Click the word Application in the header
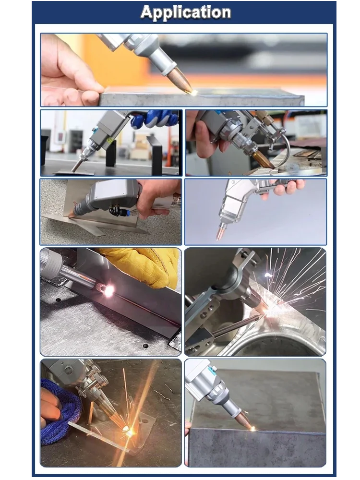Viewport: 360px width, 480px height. pyautogui.click(x=185, y=12)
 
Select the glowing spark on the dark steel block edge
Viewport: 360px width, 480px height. pyautogui.click(x=253, y=429)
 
